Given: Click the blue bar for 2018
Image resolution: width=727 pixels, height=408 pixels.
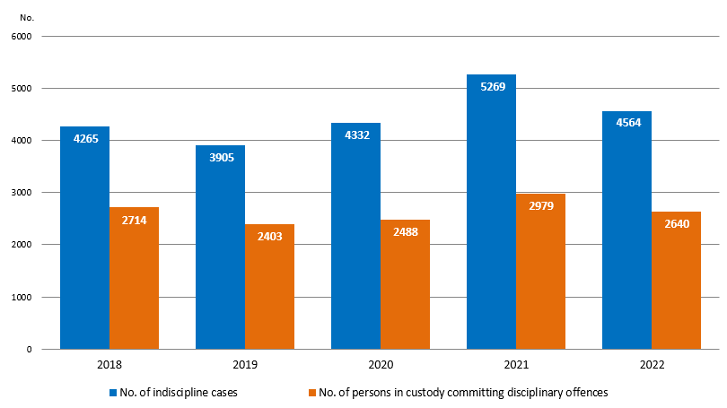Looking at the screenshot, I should tap(84, 238).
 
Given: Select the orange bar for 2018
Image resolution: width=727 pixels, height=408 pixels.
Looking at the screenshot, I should tap(134, 278).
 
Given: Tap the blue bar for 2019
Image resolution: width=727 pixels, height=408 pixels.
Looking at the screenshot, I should tap(220, 247).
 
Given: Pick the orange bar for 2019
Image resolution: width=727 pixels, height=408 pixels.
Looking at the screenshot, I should tap(269, 286).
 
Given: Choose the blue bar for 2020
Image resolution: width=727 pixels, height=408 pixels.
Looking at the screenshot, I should tap(355, 236).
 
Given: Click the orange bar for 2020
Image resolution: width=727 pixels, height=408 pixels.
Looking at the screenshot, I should tap(405, 284).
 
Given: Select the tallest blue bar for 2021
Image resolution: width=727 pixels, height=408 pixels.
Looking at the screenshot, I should tap(491, 212).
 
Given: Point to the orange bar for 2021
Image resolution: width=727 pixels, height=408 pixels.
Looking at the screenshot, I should tap(540, 272).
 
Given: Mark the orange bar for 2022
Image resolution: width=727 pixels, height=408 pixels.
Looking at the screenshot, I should tap(676, 280).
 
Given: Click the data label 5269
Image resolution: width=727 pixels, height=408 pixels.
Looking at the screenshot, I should tap(492, 87).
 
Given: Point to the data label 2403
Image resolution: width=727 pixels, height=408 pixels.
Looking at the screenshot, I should tap(269, 238).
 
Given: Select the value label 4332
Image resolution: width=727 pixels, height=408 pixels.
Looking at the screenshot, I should tap(355, 135).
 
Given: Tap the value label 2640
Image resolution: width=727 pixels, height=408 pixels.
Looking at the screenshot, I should tap(676, 225).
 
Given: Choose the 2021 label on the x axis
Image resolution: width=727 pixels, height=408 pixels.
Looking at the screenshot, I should tap(515, 366).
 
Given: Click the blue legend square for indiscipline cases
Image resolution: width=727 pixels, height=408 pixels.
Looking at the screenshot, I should tap(113, 393).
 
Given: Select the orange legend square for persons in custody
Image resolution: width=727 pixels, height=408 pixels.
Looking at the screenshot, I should tap(311, 393).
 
